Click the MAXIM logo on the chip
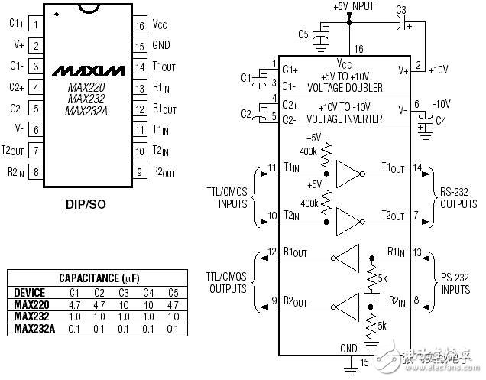(84, 71)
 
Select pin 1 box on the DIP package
(36, 24)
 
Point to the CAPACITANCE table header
(95, 278)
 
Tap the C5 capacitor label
(303, 34)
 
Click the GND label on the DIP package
(161, 45)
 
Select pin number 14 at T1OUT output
(417, 167)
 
